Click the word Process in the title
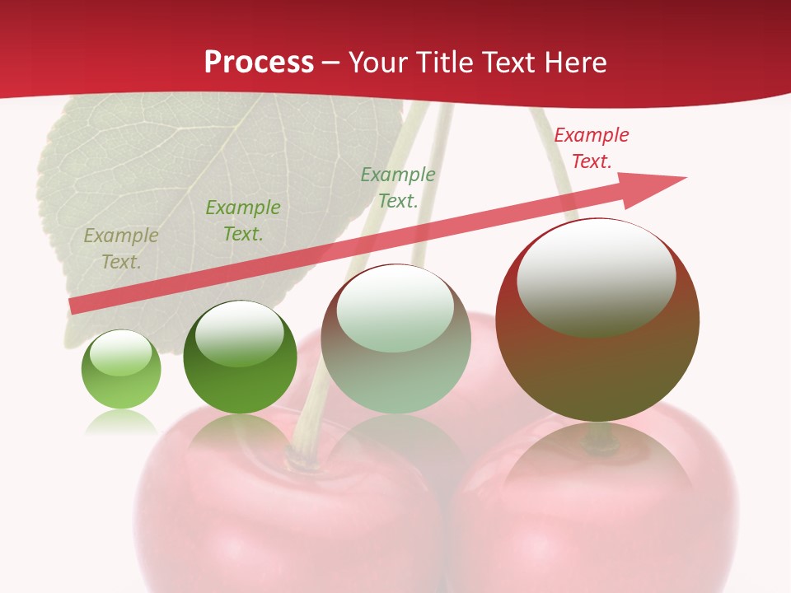(259, 62)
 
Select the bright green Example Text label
(242, 221)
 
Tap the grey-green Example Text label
(397, 187)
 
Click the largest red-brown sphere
(597, 362)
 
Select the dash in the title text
(331, 63)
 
